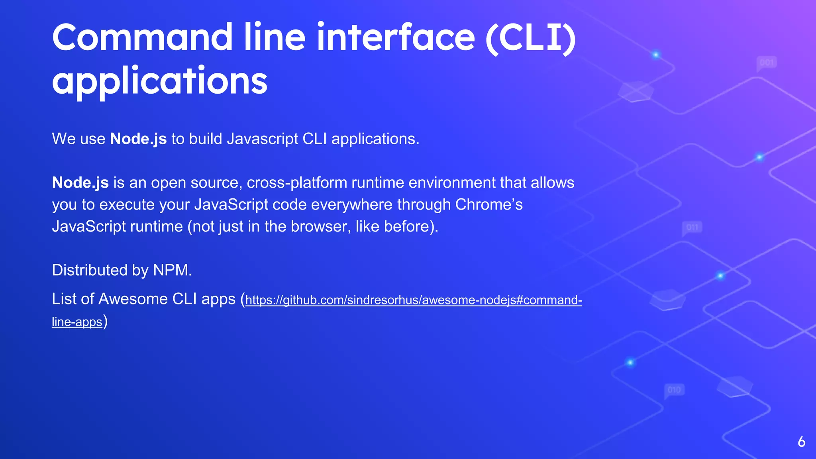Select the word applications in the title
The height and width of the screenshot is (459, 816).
coord(159,81)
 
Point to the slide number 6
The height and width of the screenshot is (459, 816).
coord(802,442)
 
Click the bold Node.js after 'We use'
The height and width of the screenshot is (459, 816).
coord(138,139)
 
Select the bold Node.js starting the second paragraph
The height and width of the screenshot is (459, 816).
coord(80,182)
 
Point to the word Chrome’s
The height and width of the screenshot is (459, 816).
coord(489,204)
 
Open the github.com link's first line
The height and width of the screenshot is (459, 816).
coord(414,300)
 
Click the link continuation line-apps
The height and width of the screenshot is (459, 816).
coord(77,322)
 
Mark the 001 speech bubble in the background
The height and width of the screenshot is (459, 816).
coord(767,63)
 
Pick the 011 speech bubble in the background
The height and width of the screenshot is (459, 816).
coord(692,228)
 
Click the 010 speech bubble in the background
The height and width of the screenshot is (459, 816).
coord(674,390)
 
